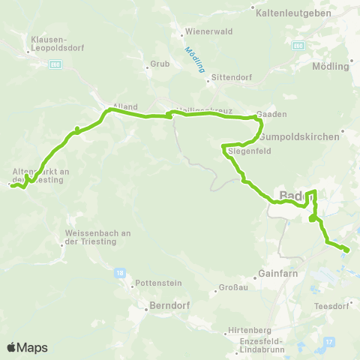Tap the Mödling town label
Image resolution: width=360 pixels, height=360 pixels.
(x=331, y=66)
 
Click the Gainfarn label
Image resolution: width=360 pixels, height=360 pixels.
(x=278, y=273)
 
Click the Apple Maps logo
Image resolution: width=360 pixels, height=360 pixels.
(x=27, y=347)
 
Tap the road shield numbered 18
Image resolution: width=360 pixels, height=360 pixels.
(x=121, y=274)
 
